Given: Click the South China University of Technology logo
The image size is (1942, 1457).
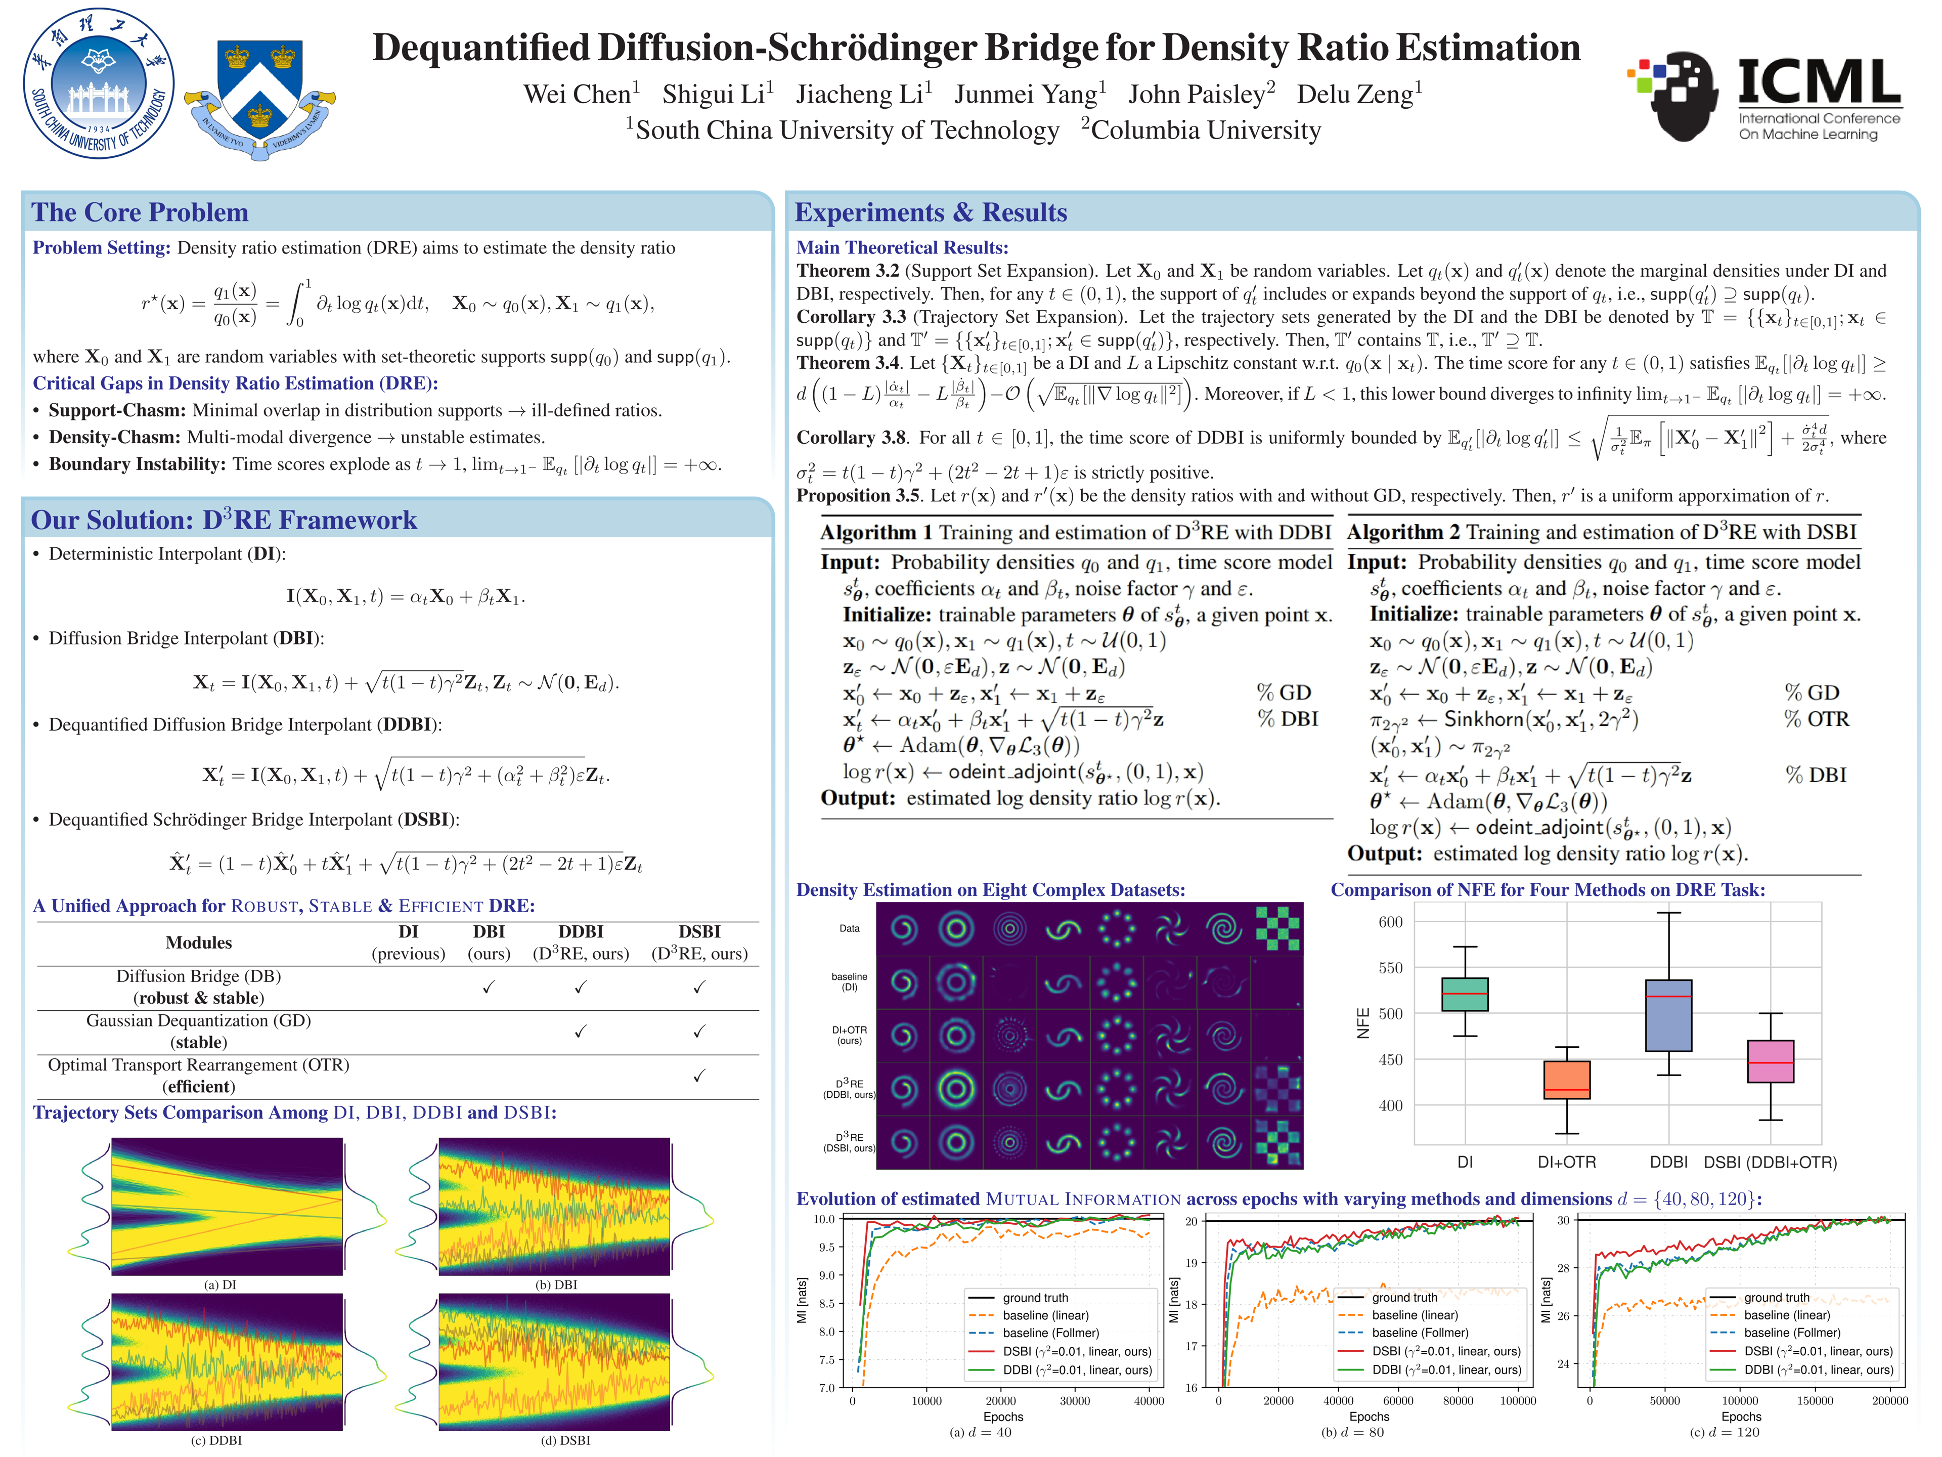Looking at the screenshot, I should pyautogui.click(x=98, y=83).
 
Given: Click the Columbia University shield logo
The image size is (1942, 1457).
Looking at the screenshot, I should pyautogui.click(x=260, y=97).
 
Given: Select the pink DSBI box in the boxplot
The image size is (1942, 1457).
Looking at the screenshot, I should pyautogui.click(x=1770, y=1061).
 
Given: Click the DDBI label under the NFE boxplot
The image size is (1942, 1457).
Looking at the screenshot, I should pyautogui.click(x=1668, y=1162).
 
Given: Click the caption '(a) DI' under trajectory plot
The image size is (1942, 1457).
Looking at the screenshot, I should pyautogui.click(x=219, y=1284).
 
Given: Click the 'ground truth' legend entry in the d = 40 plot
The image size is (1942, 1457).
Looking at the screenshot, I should pyautogui.click(x=1035, y=1297).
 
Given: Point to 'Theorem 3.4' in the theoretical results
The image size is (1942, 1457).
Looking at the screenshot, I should pyautogui.click(x=848, y=363).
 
